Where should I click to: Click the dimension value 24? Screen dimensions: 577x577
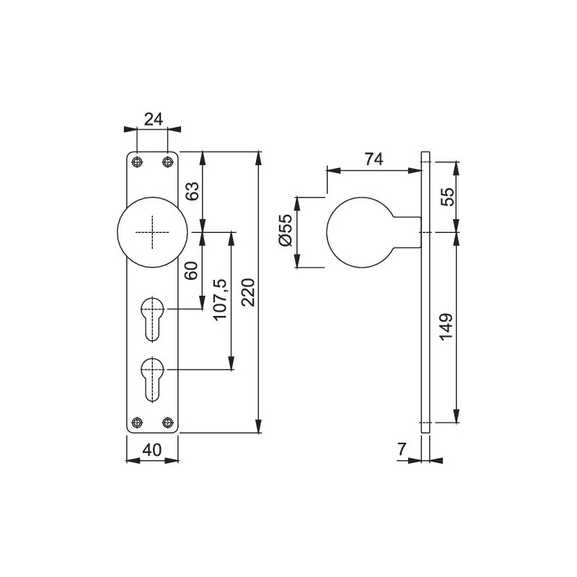coord(153,120)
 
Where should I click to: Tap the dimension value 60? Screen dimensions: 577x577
coord(191,270)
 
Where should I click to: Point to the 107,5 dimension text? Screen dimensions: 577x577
coord(221,299)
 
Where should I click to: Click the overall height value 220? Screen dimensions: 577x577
coord(248,293)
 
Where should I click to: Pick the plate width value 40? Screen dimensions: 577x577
coord(152,449)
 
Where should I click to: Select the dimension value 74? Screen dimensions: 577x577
coord(374,159)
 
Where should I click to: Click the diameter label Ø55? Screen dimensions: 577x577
coord(286,229)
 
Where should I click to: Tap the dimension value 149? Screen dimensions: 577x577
coord(446,327)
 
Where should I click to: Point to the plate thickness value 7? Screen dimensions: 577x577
coord(402,449)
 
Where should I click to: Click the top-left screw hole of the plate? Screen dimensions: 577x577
coord(137,162)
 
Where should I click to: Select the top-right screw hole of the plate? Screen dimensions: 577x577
coord(167,162)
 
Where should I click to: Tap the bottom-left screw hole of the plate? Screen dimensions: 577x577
coord(137,422)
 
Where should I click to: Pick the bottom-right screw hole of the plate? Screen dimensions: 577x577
coord(167,422)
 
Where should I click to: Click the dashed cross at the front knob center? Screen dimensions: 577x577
coord(152,232)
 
